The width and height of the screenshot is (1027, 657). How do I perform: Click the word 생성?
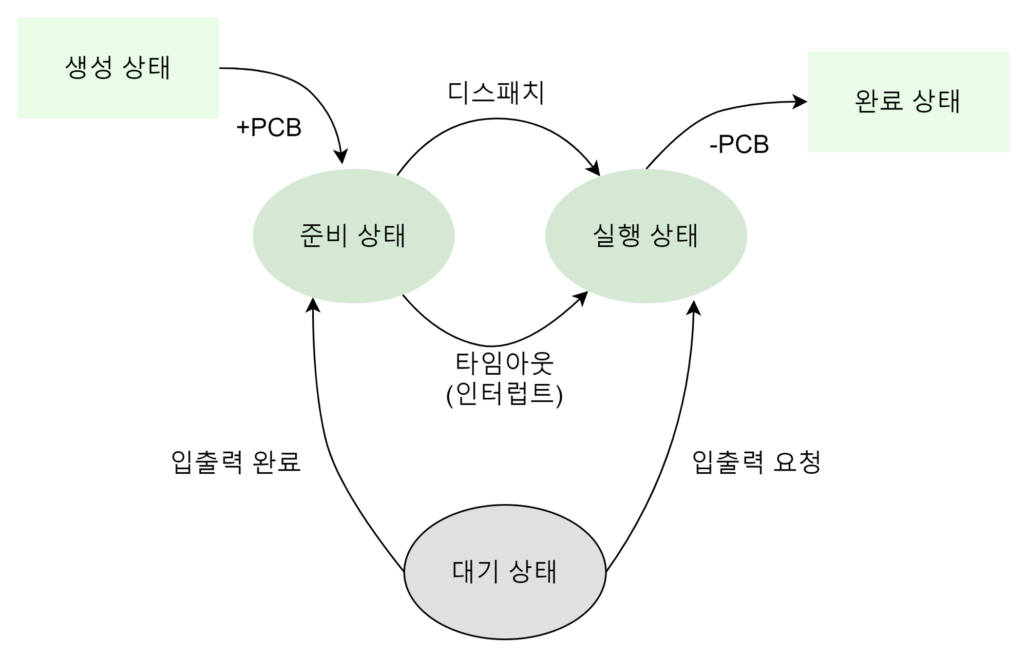point(89,68)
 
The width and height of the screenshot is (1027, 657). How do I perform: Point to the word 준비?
point(324,236)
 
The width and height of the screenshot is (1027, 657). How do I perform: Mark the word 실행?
point(616,236)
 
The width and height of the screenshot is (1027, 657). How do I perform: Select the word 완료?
point(878,101)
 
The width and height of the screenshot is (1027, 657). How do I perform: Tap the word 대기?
point(476,572)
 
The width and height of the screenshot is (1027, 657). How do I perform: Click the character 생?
point(77,68)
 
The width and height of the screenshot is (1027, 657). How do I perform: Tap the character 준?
point(311,236)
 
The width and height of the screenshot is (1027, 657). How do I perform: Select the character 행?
point(629,236)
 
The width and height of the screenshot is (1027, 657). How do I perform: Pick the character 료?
point(891,101)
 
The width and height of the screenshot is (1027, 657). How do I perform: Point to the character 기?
point(488,572)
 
